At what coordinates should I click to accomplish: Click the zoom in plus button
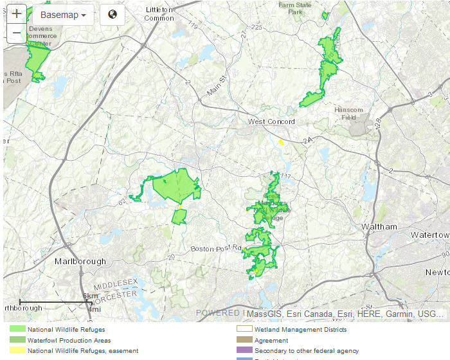(x=17, y=14)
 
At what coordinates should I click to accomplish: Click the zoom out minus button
(x=17, y=33)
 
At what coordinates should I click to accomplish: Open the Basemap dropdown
(x=63, y=15)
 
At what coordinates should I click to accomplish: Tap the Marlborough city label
(x=80, y=262)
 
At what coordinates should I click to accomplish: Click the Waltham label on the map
(x=379, y=227)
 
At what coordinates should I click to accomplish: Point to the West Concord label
(x=271, y=122)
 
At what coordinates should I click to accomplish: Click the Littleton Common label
(x=159, y=14)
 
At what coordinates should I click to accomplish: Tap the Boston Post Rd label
(x=215, y=248)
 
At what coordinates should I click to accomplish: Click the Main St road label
(x=217, y=87)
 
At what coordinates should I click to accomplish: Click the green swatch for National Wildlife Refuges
(x=17, y=330)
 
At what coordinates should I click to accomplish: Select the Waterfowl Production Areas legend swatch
(x=17, y=341)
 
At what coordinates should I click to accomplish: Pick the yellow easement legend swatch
(x=17, y=351)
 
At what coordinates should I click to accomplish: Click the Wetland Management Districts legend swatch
(x=244, y=330)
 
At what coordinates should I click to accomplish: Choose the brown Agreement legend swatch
(x=244, y=341)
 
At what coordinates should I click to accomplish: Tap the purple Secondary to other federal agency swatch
(x=244, y=351)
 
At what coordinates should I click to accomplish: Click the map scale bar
(x=54, y=301)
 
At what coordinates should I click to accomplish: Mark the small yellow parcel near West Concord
(x=281, y=143)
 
